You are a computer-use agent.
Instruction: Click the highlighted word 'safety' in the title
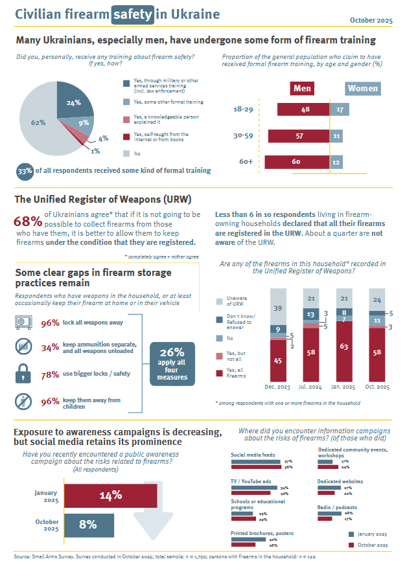[x=134, y=14]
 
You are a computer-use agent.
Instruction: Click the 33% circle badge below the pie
[x=25, y=171]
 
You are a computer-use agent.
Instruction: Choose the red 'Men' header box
[x=301, y=88]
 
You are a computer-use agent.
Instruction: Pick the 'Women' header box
[x=362, y=88]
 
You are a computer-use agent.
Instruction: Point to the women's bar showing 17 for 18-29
[x=340, y=110]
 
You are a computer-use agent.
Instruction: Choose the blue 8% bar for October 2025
[x=87, y=524]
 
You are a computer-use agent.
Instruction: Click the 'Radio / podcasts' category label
[x=338, y=507]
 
